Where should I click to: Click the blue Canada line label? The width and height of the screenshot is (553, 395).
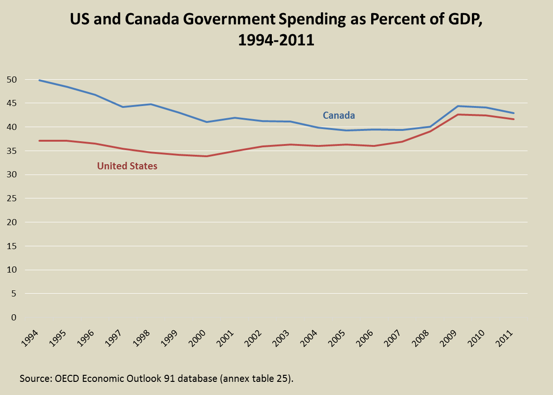[x=338, y=115]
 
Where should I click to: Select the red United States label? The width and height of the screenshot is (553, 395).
[x=127, y=166]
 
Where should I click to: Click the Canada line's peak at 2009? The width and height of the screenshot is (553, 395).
[x=458, y=106]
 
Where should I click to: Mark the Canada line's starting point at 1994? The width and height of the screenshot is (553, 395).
[x=39, y=80]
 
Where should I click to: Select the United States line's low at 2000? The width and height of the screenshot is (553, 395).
[x=207, y=156]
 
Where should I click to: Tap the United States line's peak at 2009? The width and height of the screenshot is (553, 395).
[x=458, y=114]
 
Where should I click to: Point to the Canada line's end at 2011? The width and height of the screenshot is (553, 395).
[x=514, y=113]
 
